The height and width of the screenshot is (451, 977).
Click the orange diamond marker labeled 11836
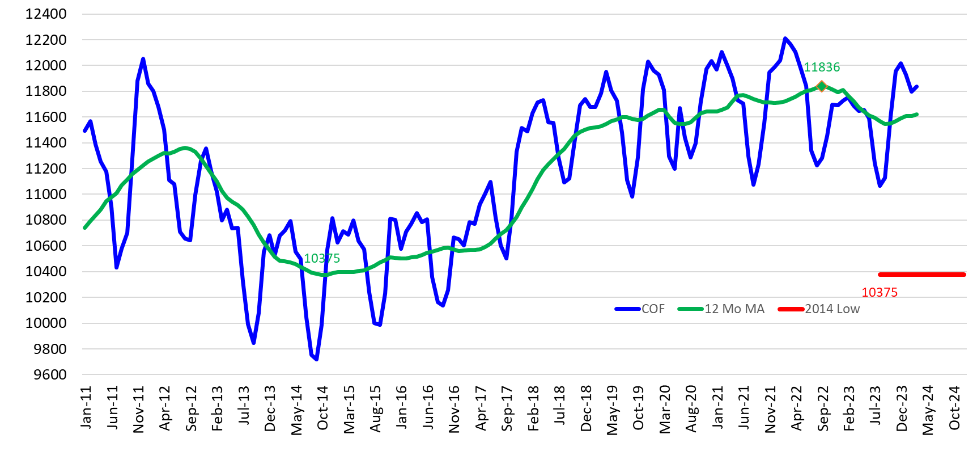[x=822, y=86]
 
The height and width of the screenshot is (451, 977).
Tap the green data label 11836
[x=822, y=67]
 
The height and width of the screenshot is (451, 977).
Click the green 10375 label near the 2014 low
[x=322, y=258]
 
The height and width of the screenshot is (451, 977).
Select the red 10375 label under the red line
[x=880, y=292]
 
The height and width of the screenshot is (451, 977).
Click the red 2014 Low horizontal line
[x=921, y=275]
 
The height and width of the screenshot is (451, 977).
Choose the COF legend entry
[x=640, y=309]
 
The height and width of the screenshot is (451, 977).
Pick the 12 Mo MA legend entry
[x=721, y=309]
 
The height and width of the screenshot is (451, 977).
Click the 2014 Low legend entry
[x=819, y=309]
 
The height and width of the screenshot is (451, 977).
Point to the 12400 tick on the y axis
[x=46, y=14]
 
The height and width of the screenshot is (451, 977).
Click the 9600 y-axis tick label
[x=50, y=374]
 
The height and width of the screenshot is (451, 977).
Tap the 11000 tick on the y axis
[x=46, y=194]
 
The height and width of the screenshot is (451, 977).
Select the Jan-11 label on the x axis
[x=86, y=407]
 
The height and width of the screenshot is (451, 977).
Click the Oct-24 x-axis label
[x=955, y=408]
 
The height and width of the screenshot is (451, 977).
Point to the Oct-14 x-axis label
[x=323, y=408]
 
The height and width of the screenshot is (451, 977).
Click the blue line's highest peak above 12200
[x=785, y=39]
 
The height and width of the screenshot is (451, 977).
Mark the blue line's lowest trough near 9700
[x=316, y=359]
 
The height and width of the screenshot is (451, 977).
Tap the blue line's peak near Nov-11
[x=143, y=59]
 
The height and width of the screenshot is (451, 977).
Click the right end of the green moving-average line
[x=916, y=114]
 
